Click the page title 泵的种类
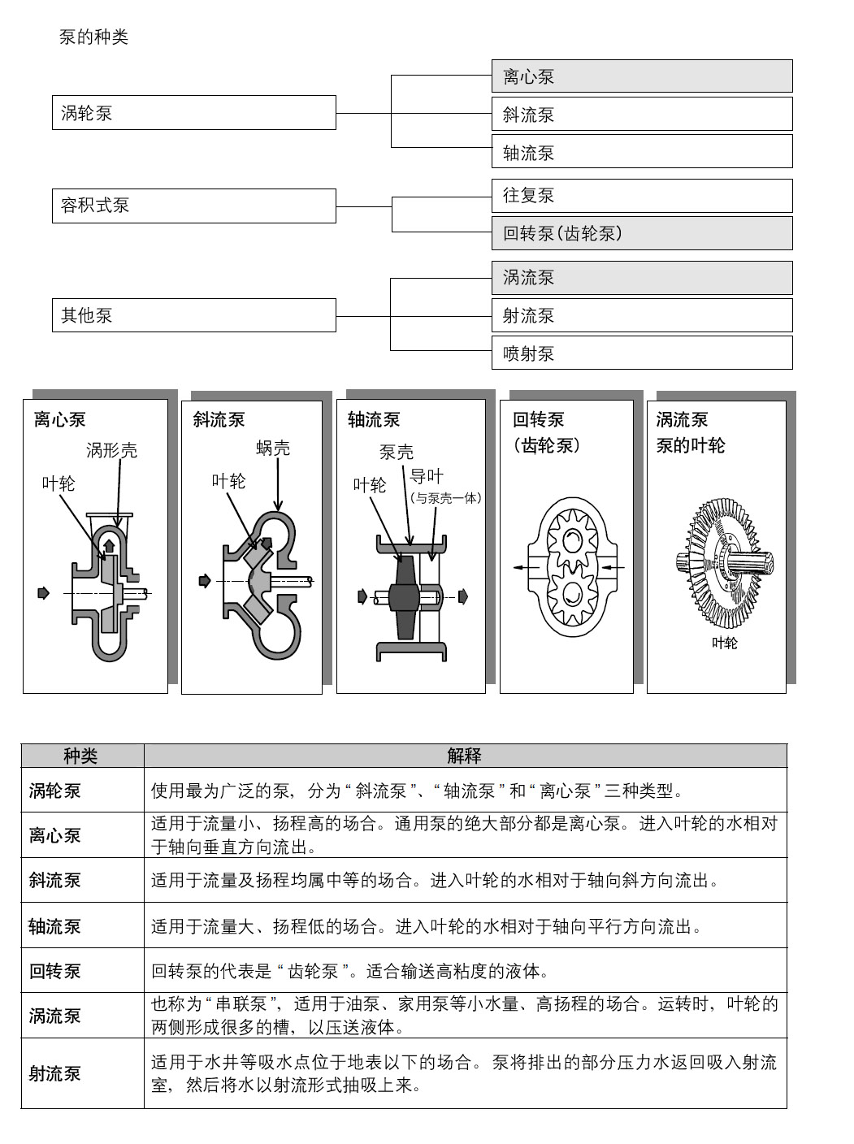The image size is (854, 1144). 93,37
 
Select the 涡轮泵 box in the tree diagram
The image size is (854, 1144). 193,113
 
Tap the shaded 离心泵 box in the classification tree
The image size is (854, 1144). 641,76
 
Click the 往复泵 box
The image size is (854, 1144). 641,196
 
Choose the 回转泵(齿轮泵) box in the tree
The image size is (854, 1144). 641,233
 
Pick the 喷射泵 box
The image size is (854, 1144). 641,353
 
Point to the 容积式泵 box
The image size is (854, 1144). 193,206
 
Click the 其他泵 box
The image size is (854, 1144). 193,315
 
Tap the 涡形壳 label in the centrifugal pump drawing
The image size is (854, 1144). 112,450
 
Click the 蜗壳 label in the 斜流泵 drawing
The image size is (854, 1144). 273,448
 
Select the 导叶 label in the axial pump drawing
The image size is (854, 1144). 427,476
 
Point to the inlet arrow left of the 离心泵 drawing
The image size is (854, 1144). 44,593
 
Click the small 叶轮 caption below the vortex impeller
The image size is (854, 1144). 724,643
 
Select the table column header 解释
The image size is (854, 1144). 465,756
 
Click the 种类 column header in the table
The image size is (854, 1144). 81,756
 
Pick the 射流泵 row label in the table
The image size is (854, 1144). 55,1073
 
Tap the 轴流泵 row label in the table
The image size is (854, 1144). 55,926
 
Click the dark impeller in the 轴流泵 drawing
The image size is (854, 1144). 403,599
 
